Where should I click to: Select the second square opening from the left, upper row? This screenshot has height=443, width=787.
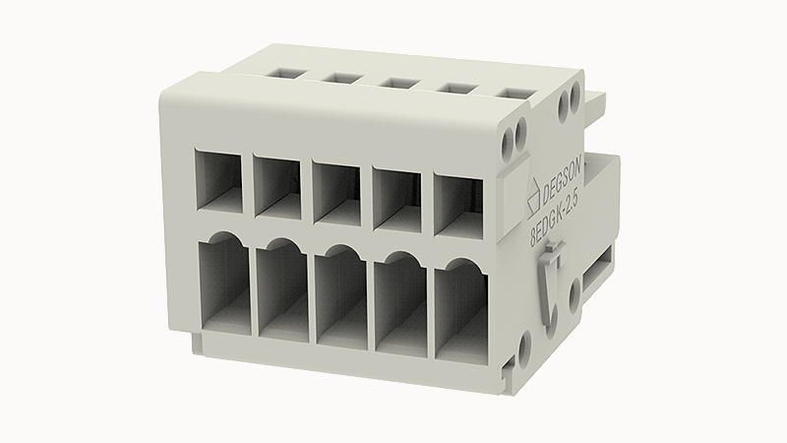click(x=277, y=187)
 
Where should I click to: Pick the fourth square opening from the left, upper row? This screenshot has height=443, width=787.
click(x=396, y=198)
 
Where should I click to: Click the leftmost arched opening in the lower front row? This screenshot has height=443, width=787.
click(x=224, y=283)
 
